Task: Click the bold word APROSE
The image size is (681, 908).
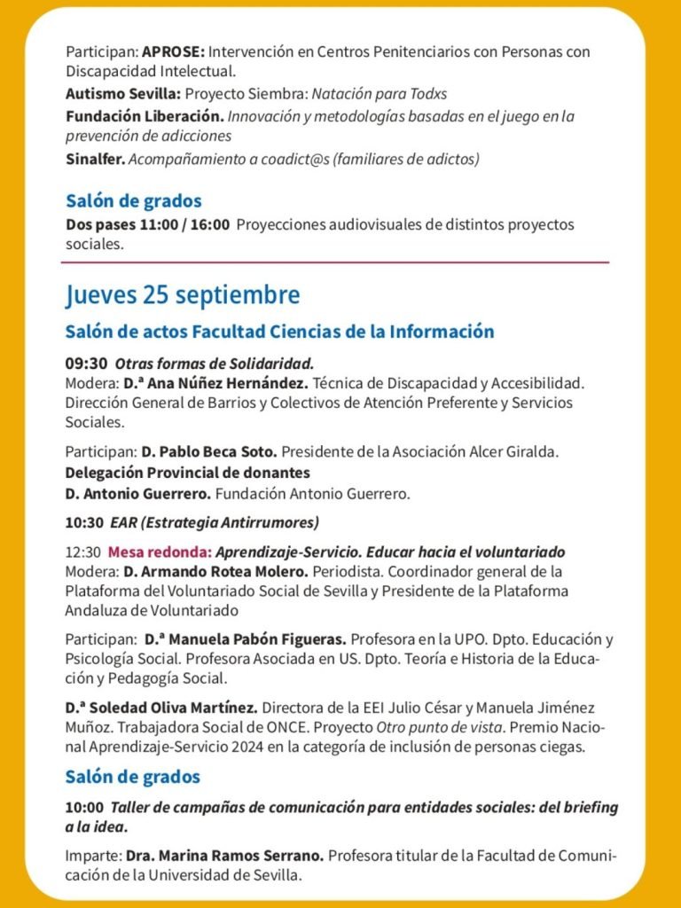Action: [173, 52]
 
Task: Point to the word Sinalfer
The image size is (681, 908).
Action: [95, 160]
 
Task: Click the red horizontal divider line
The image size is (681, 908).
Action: [335, 262]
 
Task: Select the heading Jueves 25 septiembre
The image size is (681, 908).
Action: [183, 294]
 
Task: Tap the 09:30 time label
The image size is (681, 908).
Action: [86, 364]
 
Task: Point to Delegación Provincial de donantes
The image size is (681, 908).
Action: [187, 473]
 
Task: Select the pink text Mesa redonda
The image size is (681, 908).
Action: [148, 552]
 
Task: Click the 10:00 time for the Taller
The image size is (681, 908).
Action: [84, 809]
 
